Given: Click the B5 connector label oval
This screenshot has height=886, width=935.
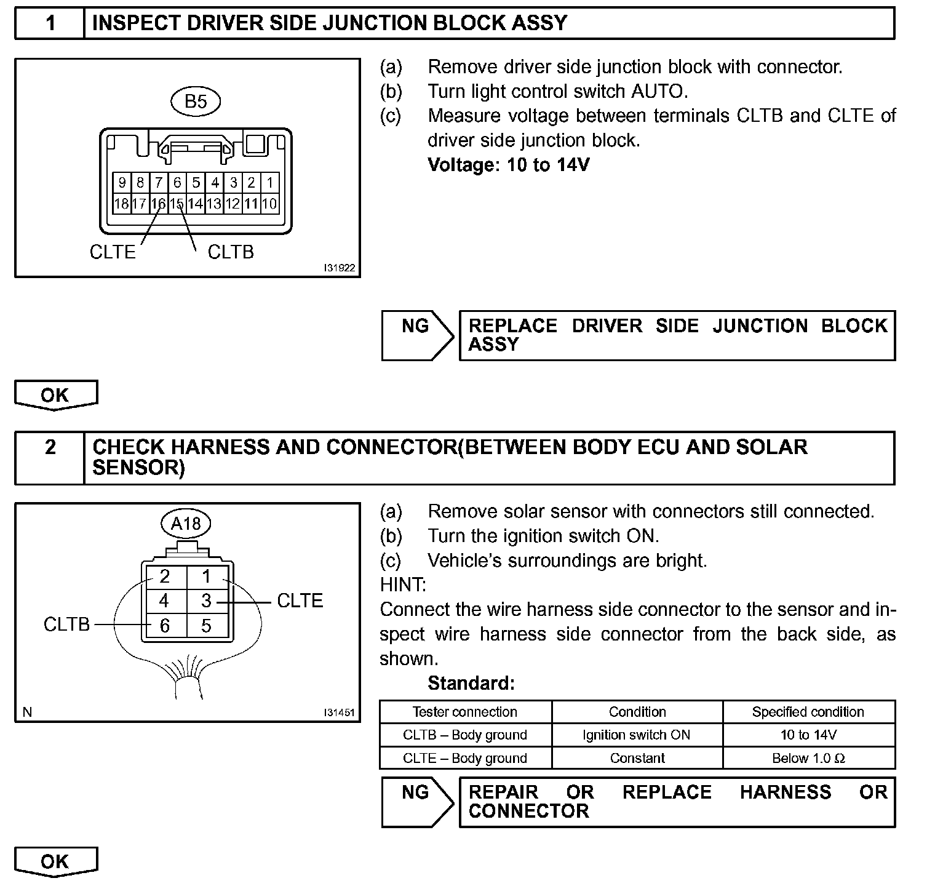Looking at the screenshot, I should tap(196, 102).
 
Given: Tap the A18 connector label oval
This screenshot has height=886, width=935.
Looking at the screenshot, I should tap(186, 524).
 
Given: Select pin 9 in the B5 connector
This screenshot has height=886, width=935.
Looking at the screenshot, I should tap(122, 183).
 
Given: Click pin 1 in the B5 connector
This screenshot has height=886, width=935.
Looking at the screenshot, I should tap(269, 183).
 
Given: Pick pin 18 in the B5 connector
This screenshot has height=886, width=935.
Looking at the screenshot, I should tap(122, 204).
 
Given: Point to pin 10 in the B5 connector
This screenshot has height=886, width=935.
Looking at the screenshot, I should tap(269, 204).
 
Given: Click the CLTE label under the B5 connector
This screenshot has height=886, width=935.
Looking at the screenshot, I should tap(112, 252).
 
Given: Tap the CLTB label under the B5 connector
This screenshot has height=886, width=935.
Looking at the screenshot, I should tap(231, 252).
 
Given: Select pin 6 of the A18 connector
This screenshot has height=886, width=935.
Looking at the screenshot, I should tap(164, 626).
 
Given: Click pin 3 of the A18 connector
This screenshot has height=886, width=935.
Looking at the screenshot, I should tap(206, 601).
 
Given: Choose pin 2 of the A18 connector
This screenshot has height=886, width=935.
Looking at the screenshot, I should tap(164, 577).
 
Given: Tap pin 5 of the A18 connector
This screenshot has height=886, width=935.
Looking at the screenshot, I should tap(206, 626).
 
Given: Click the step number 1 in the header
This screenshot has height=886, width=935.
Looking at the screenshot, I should tap(50, 23).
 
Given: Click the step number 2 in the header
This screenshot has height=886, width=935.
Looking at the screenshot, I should tap(50, 447).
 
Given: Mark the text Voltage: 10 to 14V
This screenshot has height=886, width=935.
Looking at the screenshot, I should tap(508, 165).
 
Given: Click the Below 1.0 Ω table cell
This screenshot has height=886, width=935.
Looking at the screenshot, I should tap(808, 758).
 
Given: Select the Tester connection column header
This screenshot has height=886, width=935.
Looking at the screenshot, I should tap(465, 712).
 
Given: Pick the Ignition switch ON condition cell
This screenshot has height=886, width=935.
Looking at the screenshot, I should tap(637, 735).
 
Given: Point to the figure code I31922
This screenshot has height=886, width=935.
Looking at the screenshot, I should tap(339, 269).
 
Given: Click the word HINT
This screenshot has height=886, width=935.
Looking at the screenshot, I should tap(403, 585).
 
